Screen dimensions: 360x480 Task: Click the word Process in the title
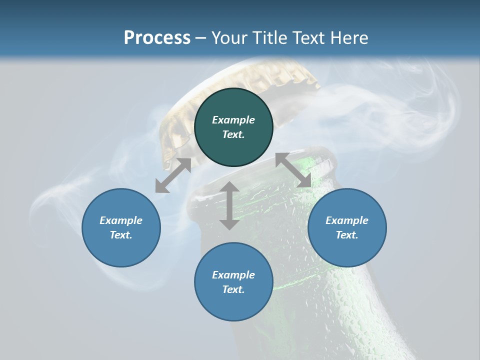(157, 38)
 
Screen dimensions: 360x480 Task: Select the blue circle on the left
(121, 250)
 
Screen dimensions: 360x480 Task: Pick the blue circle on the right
(347, 250)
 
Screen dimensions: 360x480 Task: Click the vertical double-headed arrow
(229, 205)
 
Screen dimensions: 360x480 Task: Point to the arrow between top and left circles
(173, 175)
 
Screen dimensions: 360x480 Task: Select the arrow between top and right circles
(293, 170)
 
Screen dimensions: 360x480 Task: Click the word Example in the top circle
(233, 120)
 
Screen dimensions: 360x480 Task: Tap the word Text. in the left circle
(121, 235)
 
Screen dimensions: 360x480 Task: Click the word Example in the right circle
(347, 220)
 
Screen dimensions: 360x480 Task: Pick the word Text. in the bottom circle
(233, 289)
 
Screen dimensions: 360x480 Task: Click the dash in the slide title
(201, 38)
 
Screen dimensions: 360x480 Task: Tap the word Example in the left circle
(121, 220)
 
